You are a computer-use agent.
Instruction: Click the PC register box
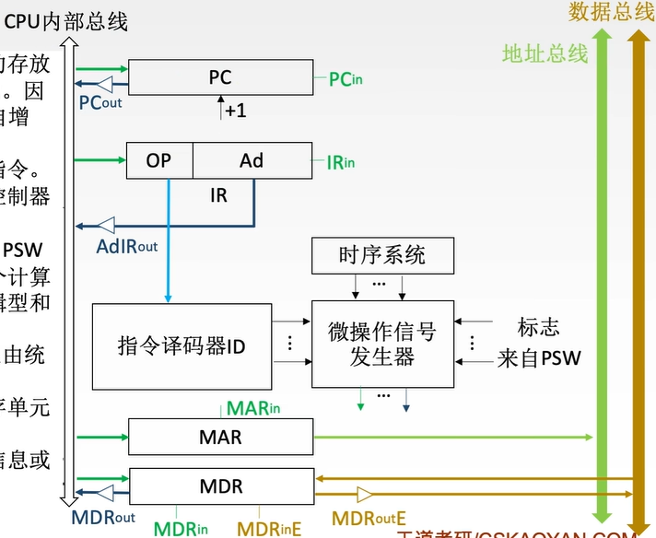click(219, 77)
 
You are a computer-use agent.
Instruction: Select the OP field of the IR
click(159, 160)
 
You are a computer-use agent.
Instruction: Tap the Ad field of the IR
click(252, 160)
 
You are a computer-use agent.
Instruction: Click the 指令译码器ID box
click(182, 345)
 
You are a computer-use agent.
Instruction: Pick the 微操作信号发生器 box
click(381, 344)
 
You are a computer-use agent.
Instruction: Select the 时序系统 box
click(381, 255)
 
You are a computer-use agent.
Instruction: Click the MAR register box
click(219, 436)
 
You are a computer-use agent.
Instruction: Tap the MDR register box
click(219, 485)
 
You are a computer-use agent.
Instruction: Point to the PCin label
click(346, 80)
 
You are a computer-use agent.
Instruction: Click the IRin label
click(340, 163)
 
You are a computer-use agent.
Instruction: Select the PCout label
click(100, 102)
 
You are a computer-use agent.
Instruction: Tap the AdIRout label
click(127, 246)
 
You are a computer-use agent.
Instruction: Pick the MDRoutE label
click(369, 520)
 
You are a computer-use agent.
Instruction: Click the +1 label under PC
click(235, 111)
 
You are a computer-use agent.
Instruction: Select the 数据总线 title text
click(611, 11)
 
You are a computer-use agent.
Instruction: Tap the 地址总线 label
click(545, 53)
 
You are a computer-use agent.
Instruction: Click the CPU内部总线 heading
click(65, 21)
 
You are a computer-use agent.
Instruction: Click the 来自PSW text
click(539, 358)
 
